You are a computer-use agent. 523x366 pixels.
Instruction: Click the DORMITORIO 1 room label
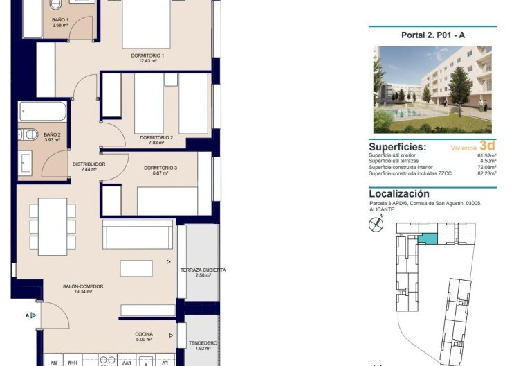click(147, 55)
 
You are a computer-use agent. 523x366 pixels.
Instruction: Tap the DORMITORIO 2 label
click(156, 137)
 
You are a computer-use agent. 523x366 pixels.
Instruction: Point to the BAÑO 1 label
click(60, 20)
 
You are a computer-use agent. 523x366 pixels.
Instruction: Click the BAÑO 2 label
click(52, 135)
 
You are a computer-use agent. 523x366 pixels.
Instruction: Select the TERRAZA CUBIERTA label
click(203, 270)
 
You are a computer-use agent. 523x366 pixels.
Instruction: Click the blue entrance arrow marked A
click(33, 315)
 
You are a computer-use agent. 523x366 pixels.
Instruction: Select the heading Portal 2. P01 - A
click(432, 35)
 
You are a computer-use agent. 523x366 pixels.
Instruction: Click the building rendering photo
click(432, 89)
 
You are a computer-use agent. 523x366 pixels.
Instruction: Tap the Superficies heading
click(398, 147)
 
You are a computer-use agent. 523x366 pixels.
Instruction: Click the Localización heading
click(399, 194)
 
